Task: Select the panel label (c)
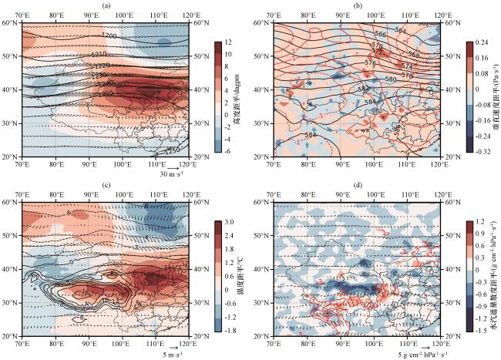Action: point(105,187)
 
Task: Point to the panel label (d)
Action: point(357,187)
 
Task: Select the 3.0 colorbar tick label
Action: point(230,222)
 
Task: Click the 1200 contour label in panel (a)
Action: point(109,36)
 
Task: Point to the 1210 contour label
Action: point(98,55)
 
